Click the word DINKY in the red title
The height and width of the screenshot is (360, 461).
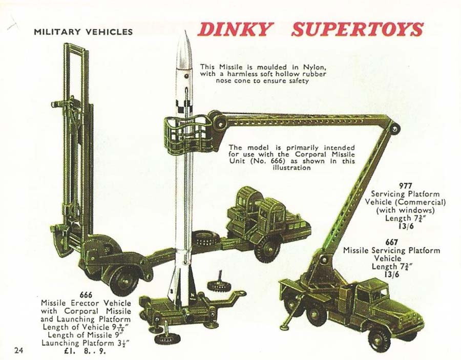point(234,29)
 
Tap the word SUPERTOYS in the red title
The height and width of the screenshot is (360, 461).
point(358,29)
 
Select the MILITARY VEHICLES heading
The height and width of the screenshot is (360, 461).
point(83,32)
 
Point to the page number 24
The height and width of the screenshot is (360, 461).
point(18,350)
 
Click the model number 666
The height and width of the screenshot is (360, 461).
point(86,294)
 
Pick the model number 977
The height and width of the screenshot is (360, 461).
point(406,186)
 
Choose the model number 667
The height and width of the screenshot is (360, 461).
point(392,242)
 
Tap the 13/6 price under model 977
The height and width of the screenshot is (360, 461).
point(406,226)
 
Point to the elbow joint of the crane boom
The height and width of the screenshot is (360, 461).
point(394,129)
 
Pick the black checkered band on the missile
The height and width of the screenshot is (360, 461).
point(184,107)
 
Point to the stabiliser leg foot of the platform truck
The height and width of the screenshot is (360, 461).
point(285,327)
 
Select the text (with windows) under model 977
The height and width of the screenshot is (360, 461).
point(406,210)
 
